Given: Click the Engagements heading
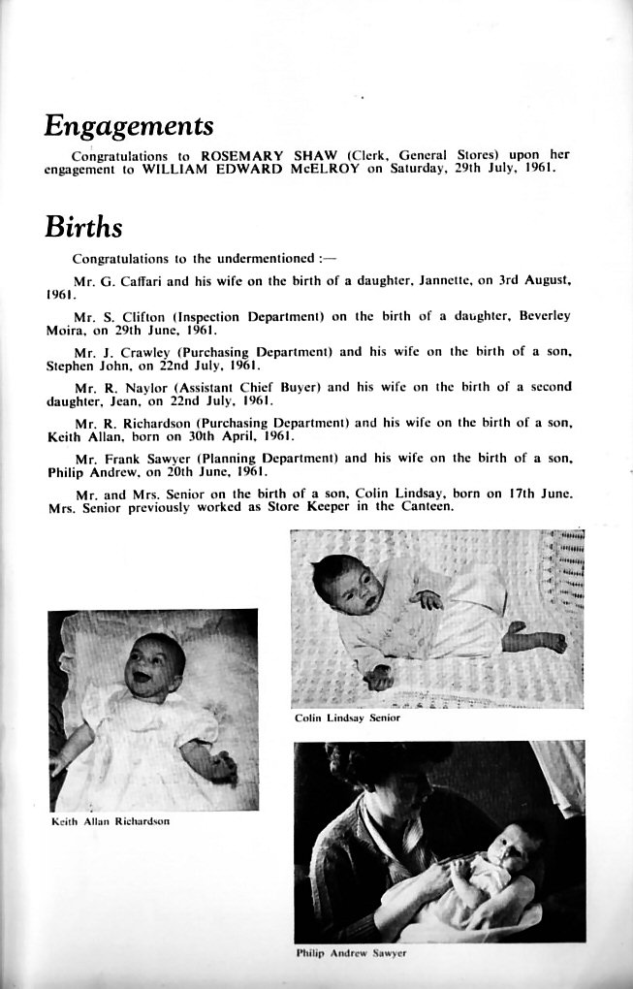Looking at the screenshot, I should click(x=128, y=127).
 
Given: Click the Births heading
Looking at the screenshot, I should click(x=83, y=228).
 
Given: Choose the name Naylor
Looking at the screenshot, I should click(x=143, y=387).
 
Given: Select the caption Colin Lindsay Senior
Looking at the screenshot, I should click(x=347, y=718).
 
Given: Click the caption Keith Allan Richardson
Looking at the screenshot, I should click(x=110, y=821).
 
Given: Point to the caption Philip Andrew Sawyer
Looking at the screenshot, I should click(x=350, y=953).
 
